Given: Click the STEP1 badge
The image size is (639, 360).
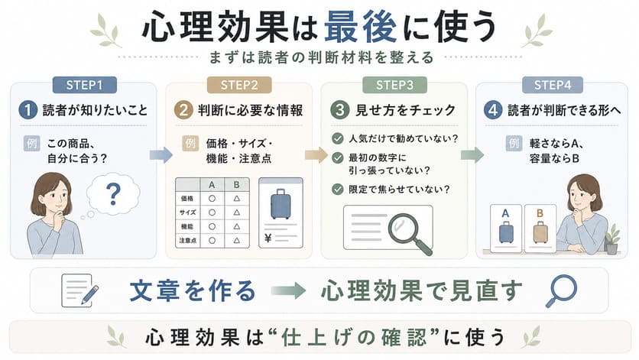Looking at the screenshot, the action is coord(84,85).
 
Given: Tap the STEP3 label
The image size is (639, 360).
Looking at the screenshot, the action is coord(394,85).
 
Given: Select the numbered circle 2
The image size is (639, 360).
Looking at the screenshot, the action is coord(183,110).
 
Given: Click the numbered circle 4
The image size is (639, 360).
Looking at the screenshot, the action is coord(493,110).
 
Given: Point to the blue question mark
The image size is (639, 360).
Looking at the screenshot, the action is coord(113,194).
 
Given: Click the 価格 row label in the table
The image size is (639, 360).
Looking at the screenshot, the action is coord(187,199).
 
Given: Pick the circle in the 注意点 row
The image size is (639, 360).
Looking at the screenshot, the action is coord(212,241).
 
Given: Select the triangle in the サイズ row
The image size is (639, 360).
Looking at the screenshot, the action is coord(236,212).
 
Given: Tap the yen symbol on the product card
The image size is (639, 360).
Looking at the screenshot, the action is coord(268,238).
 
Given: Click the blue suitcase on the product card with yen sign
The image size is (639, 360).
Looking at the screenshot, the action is coord(281,204).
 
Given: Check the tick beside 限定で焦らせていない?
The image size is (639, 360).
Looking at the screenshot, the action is coord(337,190).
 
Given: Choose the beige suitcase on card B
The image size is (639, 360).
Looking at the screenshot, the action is coord(540,232).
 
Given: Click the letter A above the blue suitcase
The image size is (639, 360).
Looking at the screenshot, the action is coord(505,213).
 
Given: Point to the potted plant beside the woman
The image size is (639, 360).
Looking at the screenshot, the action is coord(611,239).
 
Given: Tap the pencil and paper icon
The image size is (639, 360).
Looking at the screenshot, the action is coord(79,290).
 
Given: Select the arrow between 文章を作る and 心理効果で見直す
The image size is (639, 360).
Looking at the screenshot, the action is coord(288,290).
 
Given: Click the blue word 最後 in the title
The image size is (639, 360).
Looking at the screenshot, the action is coord(360,28).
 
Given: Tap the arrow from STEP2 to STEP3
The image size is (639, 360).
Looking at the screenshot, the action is coord(316,154).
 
